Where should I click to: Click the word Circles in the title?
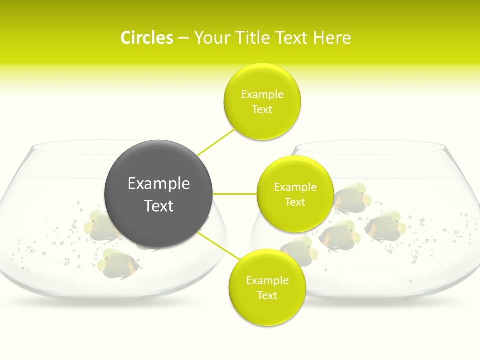[146, 37]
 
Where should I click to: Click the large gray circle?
[159, 194]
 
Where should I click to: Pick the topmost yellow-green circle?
[262, 101]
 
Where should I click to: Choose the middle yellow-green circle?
[295, 194]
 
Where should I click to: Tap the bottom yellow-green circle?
[267, 287]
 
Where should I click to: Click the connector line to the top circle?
[216, 142]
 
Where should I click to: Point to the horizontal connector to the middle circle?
[235, 194]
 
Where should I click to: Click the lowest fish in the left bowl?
[119, 263]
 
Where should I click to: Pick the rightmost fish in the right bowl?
[384, 225]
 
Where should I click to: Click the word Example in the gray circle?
[159, 183]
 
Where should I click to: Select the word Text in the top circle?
[262, 109]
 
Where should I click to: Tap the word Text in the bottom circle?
[267, 295]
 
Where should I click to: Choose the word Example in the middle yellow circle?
[295, 187]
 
